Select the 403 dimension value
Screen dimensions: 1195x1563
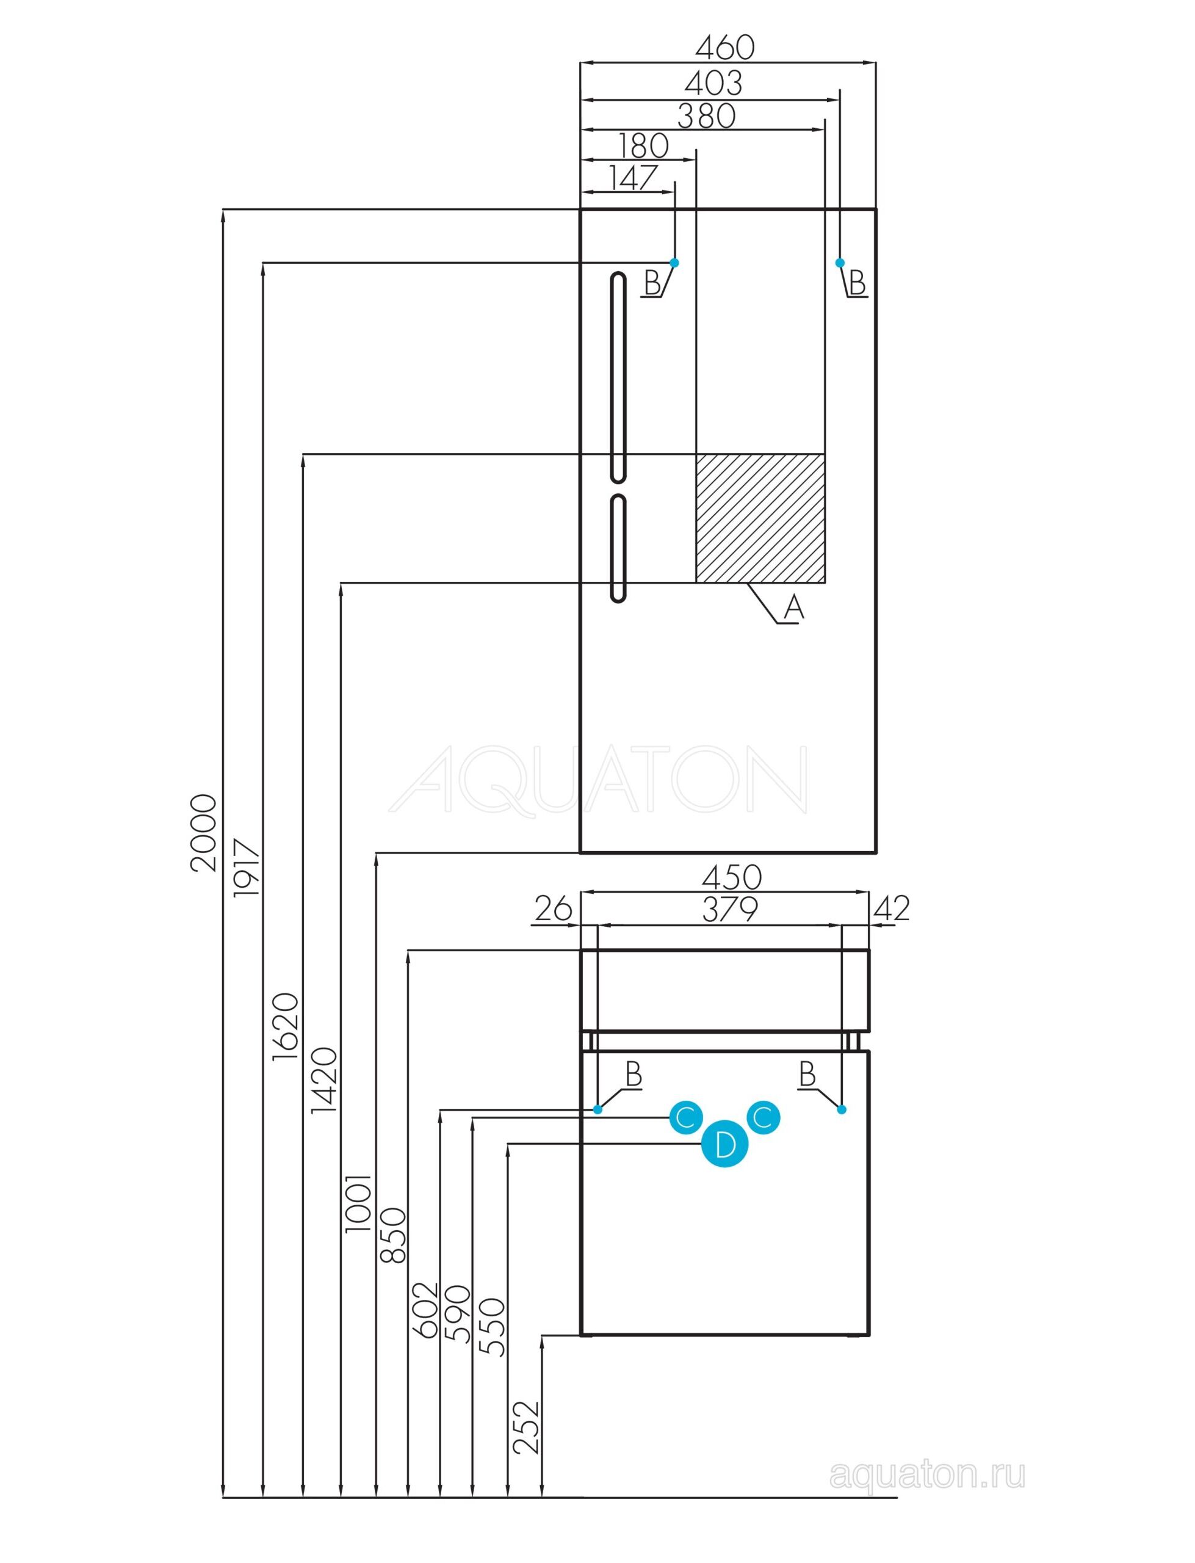click(713, 83)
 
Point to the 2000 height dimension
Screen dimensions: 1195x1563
click(204, 832)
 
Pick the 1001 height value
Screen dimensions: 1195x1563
click(358, 1202)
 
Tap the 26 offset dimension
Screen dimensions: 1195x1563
click(554, 908)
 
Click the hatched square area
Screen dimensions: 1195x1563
click(760, 518)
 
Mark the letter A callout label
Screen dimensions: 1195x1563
click(794, 608)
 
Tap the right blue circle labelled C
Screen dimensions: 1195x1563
click(762, 1117)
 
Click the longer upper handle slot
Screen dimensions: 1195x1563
click(618, 378)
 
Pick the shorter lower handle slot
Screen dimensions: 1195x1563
click(619, 548)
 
